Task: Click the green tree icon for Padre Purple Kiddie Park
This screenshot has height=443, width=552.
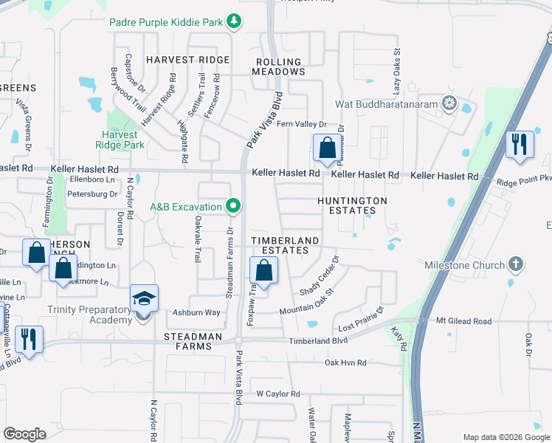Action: pos(234,21)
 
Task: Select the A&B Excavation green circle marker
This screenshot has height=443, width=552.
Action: pos(234,205)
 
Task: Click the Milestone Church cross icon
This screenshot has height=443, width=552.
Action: pos(516,264)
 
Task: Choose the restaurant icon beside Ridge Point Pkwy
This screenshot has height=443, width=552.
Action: pos(520,145)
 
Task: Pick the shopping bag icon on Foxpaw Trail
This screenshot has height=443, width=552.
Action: pos(265,272)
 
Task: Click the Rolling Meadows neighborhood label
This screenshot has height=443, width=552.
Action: pos(278,67)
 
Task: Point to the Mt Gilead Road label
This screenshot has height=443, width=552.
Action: pos(463,321)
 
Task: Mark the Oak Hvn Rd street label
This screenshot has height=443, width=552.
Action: pos(346,363)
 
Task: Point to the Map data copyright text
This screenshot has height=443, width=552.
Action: pos(505,437)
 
